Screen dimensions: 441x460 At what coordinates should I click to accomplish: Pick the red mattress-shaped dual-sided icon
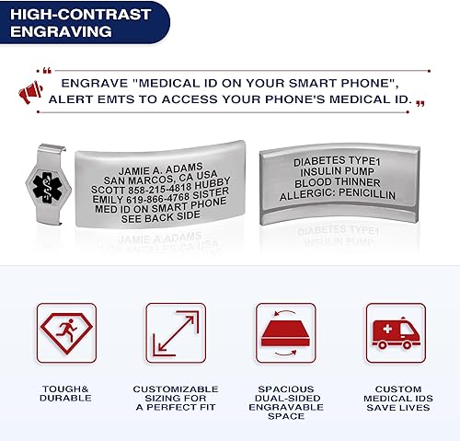coord(286,332)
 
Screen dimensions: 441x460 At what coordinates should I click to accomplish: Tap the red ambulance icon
coord(396,332)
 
